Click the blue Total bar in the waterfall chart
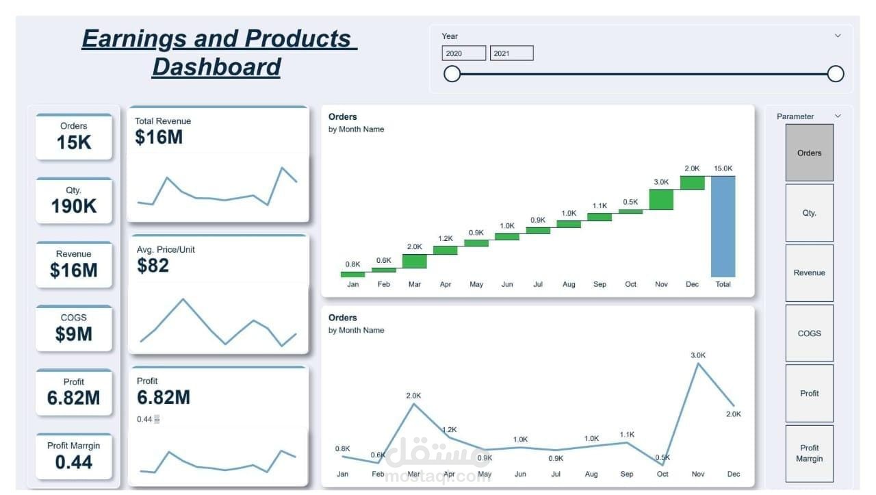click(x=723, y=226)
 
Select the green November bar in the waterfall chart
click(x=661, y=199)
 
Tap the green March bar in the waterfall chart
click(x=415, y=261)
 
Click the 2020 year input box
click(x=463, y=53)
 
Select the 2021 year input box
click(x=511, y=53)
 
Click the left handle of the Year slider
click(x=452, y=74)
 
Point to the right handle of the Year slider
click(x=836, y=74)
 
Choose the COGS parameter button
click(x=809, y=333)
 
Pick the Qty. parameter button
click(x=809, y=213)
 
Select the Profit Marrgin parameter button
click(x=809, y=453)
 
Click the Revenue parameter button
click(x=809, y=272)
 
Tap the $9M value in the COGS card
click(x=74, y=334)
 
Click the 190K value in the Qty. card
click(x=74, y=206)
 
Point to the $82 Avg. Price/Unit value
click(x=153, y=266)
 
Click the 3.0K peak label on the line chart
click(x=698, y=355)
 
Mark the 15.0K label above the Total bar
click(x=723, y=168)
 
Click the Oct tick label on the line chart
click(x=662, y=474)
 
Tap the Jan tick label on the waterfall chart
click(x=353, y=284)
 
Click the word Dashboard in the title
click(x=216, y=67)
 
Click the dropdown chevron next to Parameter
click(x=838, y=116)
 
